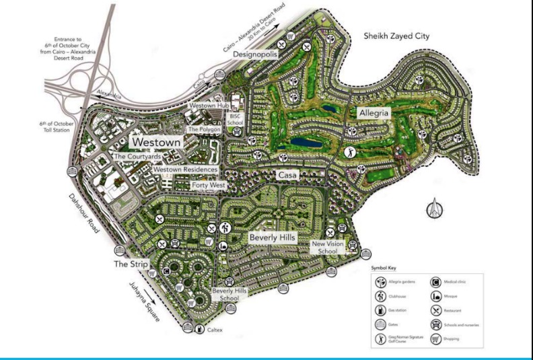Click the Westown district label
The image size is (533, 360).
157,143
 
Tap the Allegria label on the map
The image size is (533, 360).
374,113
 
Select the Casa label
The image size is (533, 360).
291,175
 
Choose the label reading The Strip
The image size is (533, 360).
129,264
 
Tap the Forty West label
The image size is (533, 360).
209,185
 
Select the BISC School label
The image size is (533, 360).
236,119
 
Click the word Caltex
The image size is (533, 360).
215,330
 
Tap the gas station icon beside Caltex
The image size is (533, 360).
200,330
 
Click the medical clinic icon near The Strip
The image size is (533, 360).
166,272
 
